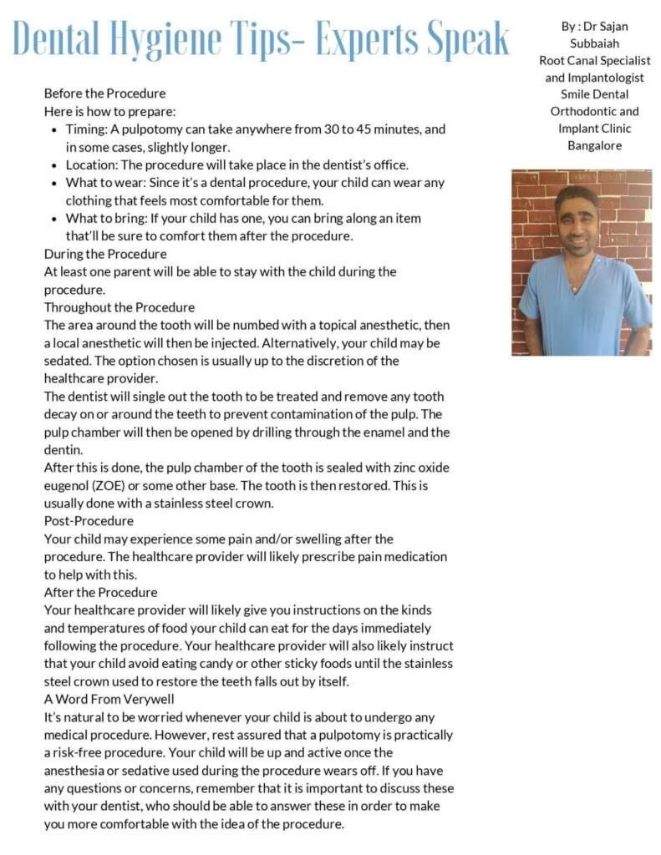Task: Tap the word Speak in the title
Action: tap(466, 38)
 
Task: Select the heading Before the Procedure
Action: tap(104, 94)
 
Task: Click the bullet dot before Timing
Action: tap(54, 130)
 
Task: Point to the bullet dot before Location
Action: tap(54, 165)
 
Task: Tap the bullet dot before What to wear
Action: tap(54, 183)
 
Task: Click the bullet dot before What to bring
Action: tap(54, 219)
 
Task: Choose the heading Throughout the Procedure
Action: tap(119, 307)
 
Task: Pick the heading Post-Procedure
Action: tap(89, 521)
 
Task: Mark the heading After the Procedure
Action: tap(100, 592)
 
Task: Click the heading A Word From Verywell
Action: tap(109, 699)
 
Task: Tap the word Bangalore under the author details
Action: tap(594, 146)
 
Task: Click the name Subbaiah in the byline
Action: tap(594, 43)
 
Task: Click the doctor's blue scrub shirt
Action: tap(585, 313)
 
